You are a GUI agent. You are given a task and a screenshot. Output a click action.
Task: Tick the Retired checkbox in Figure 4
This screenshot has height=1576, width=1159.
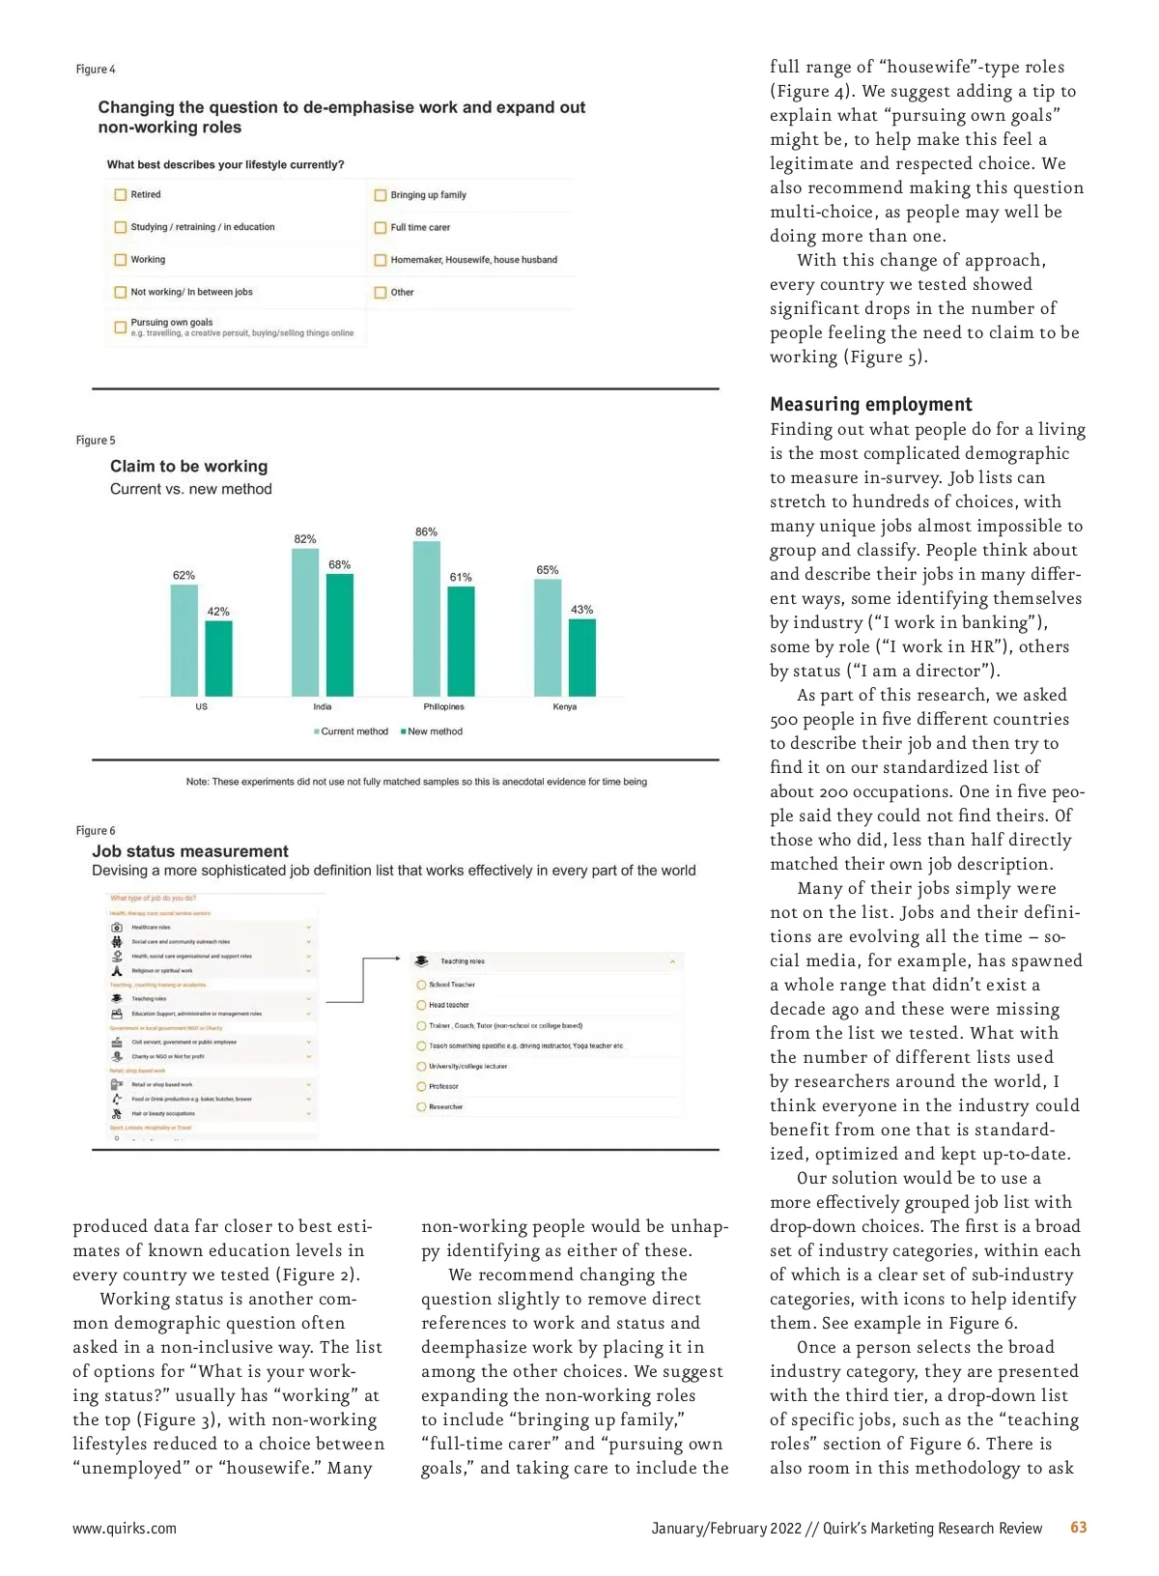pos(121,195)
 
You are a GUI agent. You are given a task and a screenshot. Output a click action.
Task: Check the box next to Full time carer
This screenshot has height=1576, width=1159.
pos(381,228)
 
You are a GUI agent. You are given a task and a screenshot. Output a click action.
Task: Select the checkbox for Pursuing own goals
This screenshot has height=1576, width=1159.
pos(121,328)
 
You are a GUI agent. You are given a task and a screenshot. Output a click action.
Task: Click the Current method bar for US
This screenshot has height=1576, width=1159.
pos(184,640)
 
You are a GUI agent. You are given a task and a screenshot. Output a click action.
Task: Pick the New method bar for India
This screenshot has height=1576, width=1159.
pos(340,635)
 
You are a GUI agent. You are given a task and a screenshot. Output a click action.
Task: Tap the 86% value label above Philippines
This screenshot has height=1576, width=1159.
pos(426,532)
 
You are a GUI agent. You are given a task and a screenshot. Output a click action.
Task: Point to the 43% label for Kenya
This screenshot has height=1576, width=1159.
pos(581,610)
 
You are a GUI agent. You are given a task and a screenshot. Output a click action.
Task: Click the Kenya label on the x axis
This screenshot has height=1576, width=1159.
pos(565,707)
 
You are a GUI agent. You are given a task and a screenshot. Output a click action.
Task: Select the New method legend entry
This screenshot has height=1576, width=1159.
pos(434,731)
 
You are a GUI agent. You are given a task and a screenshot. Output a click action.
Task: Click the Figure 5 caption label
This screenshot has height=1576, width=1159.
pos(96,441)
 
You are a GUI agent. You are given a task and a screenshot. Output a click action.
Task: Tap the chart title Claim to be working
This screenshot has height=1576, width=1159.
pos(188,467)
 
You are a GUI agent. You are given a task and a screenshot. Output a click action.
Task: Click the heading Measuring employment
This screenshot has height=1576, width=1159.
pos(871,405)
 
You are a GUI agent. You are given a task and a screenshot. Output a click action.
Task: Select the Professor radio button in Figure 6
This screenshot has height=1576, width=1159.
pos(422,1087)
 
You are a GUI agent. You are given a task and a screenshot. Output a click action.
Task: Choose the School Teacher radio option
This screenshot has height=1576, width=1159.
pos(422,985)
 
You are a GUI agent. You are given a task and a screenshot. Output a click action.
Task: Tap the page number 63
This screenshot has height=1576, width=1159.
pos(1078,1528)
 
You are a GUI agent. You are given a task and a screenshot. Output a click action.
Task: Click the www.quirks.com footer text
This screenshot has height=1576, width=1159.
pos(125,1529)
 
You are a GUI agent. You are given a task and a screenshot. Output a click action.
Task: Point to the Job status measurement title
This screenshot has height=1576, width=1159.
pos(190,851)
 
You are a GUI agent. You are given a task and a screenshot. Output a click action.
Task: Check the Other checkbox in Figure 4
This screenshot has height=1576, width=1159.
pos(381,293)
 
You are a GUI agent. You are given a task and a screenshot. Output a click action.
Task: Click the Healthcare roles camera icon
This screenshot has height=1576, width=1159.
pos(117,928)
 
